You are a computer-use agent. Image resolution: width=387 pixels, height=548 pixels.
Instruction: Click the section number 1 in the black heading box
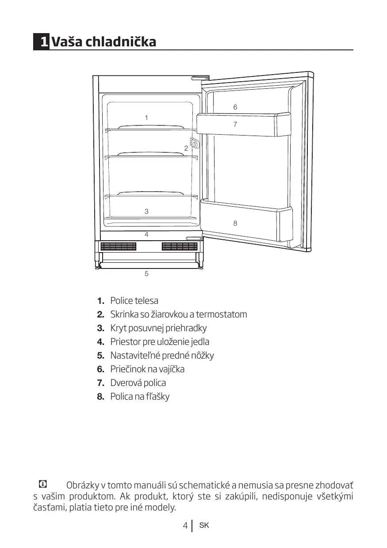[x=43, y=42]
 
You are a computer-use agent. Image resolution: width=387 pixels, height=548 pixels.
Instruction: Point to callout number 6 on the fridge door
[x=235, y=107]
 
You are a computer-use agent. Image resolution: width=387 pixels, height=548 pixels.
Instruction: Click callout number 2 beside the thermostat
[x=186, y=148]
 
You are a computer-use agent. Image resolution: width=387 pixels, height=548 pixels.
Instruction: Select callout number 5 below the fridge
[x=146, y=274]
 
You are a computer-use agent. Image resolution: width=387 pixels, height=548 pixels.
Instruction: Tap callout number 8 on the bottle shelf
[x=235, y=223]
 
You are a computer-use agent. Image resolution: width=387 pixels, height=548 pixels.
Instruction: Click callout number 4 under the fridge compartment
[x=146, y=234]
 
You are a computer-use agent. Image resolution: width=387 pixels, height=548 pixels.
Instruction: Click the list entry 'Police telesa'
[x=134, y=301]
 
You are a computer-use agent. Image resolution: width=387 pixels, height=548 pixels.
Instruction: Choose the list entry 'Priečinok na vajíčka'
[x=147, y=369]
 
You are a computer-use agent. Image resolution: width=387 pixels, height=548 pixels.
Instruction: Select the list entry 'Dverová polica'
[x=138, y=383]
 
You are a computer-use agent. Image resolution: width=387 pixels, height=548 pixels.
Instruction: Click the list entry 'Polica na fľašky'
[x=140, y=397]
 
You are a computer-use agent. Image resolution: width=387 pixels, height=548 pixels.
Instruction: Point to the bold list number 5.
[x=100, y=355]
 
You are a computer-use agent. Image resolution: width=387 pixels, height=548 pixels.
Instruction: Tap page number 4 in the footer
[x=185, y=525]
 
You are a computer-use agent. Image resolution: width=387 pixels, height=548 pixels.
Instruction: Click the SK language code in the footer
[x=204, y=525]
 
